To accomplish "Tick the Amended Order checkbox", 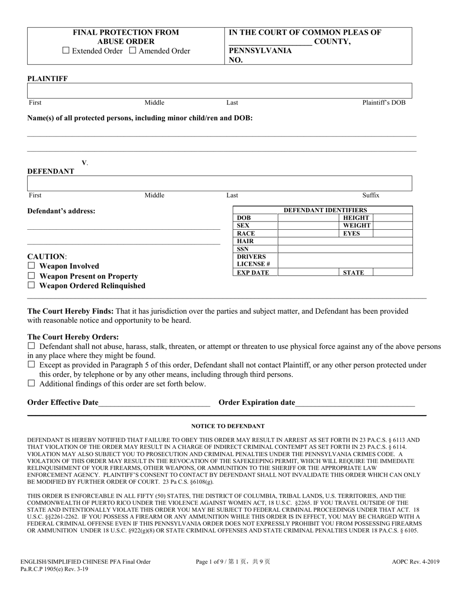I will pyautogui.click(x=133, y=51).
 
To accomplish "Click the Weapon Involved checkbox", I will pyautogui.click(x=32, y=266).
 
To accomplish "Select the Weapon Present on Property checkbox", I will pyautogui.click(x=32, y=276).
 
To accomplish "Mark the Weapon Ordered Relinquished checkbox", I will pyautogui.click(x=32, y=285).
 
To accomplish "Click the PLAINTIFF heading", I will pyautogui.click(x=48, y=79).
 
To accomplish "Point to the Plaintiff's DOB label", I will pyautogui.click(x=384, y=102).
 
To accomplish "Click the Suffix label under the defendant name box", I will pyautogui.click(x=370, y=195).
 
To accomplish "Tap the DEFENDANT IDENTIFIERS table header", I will pyautogui.click(x=325, y=210).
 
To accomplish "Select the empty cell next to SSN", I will pyautogui.click(x=345, y=249).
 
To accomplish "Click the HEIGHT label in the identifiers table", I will pyautogui.click(x=356, y=218).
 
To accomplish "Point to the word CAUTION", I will pyautogui.click(x=46, y=257).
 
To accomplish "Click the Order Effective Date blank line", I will pyautogui.click(x=154, y=402).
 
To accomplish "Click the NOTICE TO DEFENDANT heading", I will pyautogui.click(x=228, y=426).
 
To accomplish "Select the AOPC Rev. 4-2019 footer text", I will pyautogui.click(x=415, y=561).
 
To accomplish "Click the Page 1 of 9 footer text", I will pyautogui.click(x=232, y=561).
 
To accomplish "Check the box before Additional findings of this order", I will pyautogui.click(x=32, y=383).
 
